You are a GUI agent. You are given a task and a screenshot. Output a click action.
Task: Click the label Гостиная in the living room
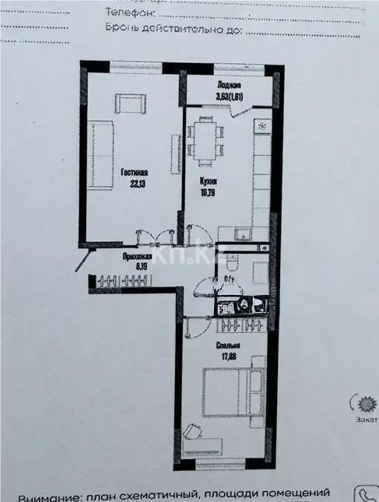[x=135, y=173]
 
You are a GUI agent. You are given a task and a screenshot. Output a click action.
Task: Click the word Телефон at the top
[x=133, y=13]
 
